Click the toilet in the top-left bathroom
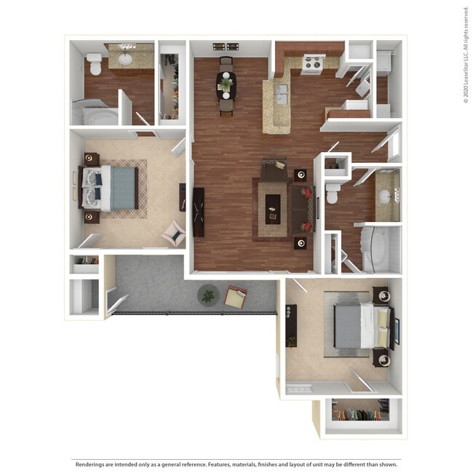[x=94, y=63]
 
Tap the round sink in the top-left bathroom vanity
[x=125, y=59]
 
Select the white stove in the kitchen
[x=311, y=65]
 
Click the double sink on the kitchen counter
[x=281, y=92]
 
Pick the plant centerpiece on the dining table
[x=227, y=84]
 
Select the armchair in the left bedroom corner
[x=175, y=233]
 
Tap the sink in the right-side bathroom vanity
[x=386, y=195]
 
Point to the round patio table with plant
[x=208, y=295]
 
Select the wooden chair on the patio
[x=236, y=296]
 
